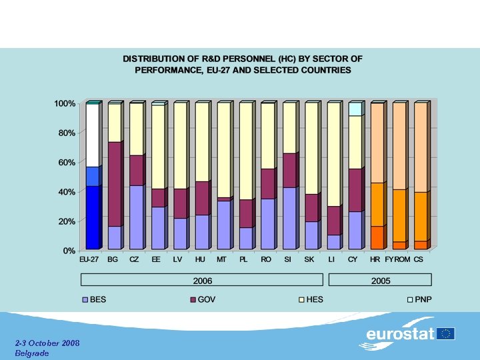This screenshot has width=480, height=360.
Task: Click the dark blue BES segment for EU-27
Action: point(93,217)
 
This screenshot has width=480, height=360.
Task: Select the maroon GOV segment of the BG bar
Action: point(114,184)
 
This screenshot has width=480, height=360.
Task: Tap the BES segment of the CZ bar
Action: point(136,217)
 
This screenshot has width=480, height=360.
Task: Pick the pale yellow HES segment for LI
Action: point(334,154)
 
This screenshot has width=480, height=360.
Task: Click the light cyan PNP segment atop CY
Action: point(355,109)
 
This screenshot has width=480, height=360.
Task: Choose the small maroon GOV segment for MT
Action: point(223,199)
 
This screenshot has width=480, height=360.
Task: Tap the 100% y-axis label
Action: point(65,104)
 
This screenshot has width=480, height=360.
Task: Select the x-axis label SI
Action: point(288,259)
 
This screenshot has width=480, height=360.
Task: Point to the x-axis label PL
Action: point(245,259)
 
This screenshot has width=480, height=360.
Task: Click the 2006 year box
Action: point(202,281)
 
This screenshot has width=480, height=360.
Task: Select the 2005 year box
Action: point(380,281)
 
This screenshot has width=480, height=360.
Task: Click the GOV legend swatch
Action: point(193,300)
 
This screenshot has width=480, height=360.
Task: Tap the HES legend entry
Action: point(314,300)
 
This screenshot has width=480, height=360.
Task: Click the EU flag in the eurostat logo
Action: point(446,333)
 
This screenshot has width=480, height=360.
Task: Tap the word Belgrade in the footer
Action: point(32,353)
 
